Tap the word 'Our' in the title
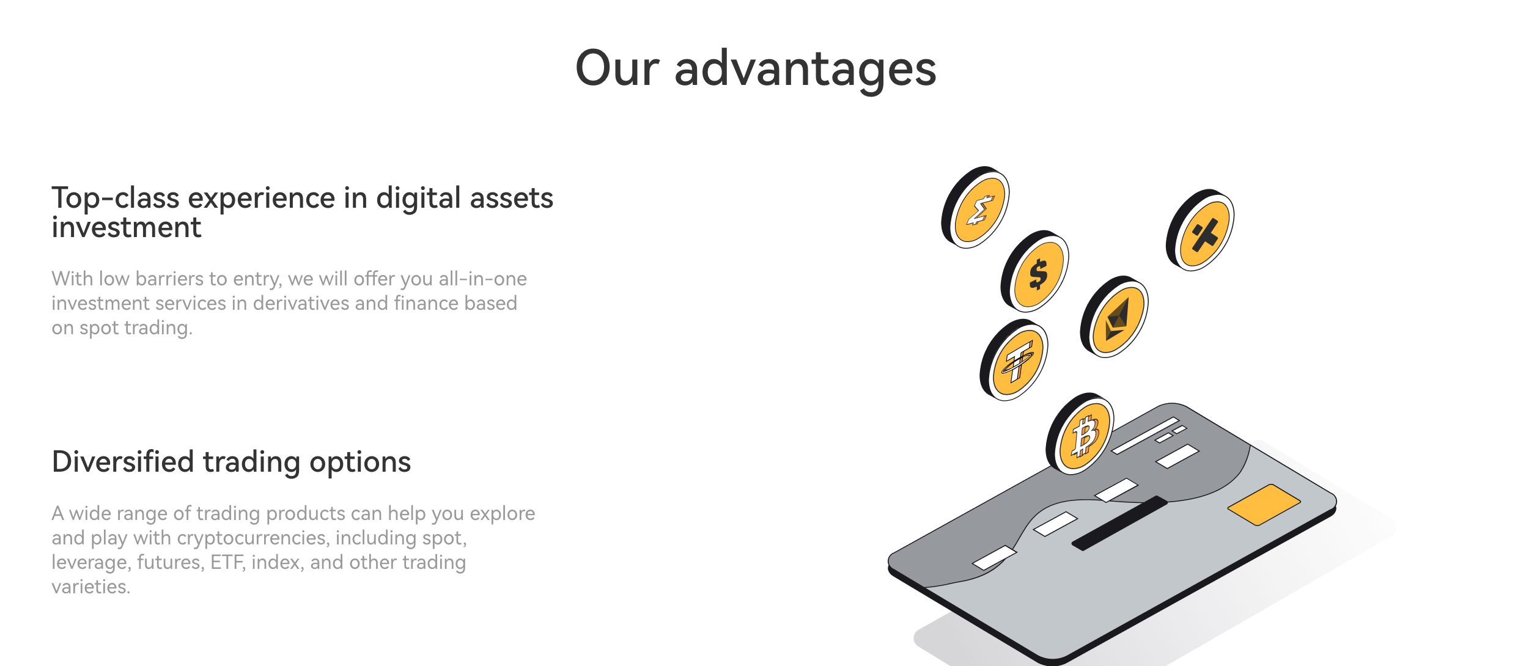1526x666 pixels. [617, 68]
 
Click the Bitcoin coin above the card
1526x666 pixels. [1080, 434]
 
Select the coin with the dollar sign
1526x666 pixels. [1035, 271]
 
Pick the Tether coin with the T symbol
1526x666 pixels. [1014, 360]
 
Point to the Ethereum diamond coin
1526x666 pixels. [1115, 317]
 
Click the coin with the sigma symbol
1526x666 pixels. [976, 207]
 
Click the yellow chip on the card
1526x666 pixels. [1264, 505]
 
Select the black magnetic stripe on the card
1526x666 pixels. [1120, 523]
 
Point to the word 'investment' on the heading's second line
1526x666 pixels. [127, 227]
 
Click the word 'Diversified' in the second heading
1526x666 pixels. [123, 461]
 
